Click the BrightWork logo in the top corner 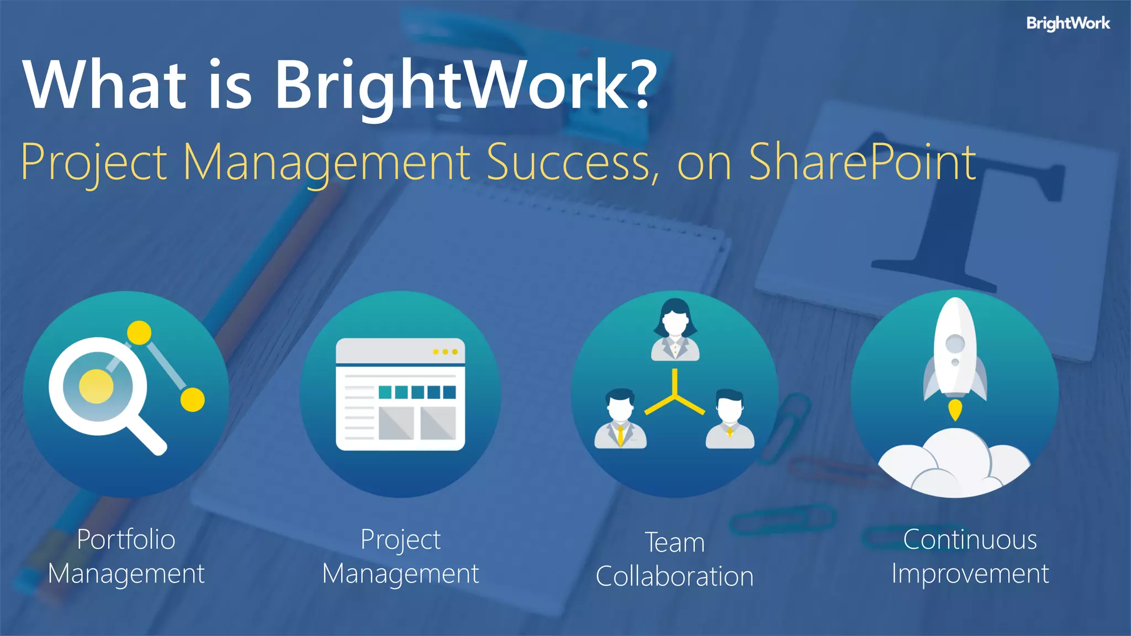coord(1067,23)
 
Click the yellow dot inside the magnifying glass coord(96,386)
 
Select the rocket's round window coord(955,343)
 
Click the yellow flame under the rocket coord(955,410)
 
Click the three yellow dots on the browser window coord(445,352)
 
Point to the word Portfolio coord(126,539)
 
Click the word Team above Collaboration coord(675,543)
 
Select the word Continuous coord(970,539)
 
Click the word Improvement coord(970,574)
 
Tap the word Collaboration coord(675,577)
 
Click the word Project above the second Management coord(400,540)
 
